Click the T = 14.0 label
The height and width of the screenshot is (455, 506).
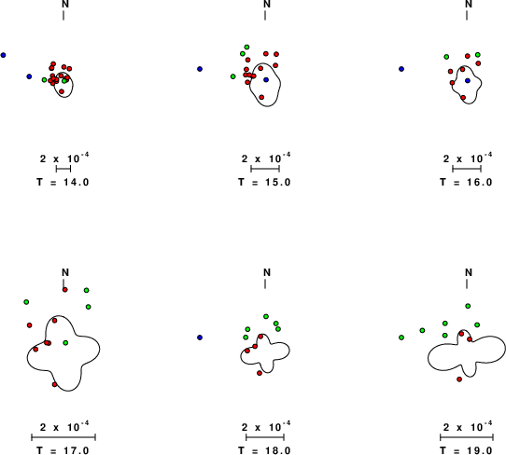[x=63, y=182]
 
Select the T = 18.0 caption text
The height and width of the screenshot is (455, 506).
[x=264, y=450]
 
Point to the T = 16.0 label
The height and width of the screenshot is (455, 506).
[x=466, y=182]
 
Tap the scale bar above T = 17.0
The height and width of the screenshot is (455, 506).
[x=63, y=437]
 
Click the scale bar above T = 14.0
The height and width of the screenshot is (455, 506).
[x=63, y=169]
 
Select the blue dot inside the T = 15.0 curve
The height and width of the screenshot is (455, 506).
[x=266, y=79]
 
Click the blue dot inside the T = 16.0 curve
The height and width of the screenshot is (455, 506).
[x=468, y=80]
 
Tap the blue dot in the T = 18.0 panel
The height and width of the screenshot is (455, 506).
[x=200, y=338]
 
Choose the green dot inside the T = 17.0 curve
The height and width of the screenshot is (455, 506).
[x=65, y=342]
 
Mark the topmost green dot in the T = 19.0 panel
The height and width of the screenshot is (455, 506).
[x=468, y=306]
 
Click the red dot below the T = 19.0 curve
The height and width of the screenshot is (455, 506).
[x=459, y=379]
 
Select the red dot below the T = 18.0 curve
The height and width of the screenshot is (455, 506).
[x=260, y=373]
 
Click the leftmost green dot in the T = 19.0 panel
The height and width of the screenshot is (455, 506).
[x=401, y=338]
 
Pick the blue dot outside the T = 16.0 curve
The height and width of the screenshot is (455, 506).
[x=401, y=69]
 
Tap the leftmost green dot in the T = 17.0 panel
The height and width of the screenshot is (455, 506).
[x=26, y=302]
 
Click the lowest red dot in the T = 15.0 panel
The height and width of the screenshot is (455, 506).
[x=261, y=97]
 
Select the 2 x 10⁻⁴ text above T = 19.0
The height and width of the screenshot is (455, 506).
[x=468, y=426]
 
